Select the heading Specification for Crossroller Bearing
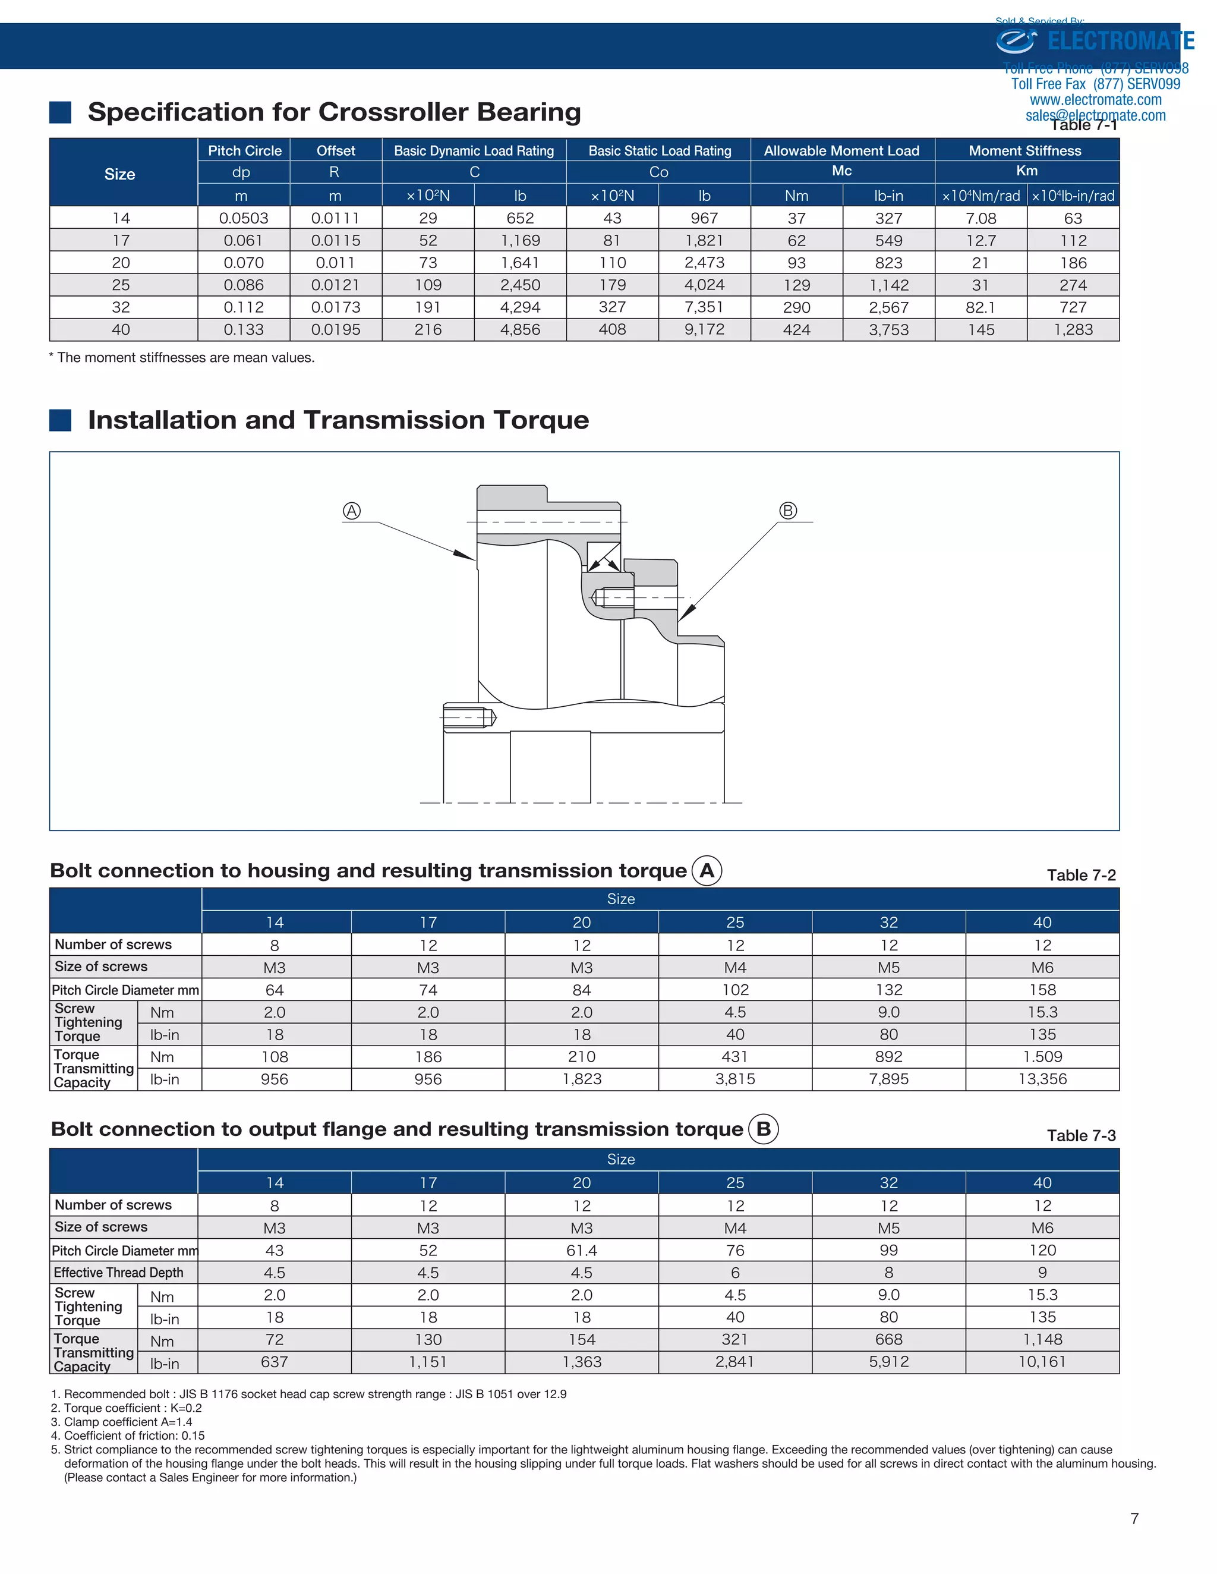335,112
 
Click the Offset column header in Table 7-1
336,150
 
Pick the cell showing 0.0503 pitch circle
244,218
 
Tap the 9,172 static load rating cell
704,330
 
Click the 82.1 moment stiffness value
980,308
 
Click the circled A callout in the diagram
352,511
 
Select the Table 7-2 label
1081,875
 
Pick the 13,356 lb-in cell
1042,1079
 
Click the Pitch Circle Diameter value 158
1042,990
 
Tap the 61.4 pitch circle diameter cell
582,1251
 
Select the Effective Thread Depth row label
119,1273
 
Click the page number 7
1135,1519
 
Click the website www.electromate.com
1095,100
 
